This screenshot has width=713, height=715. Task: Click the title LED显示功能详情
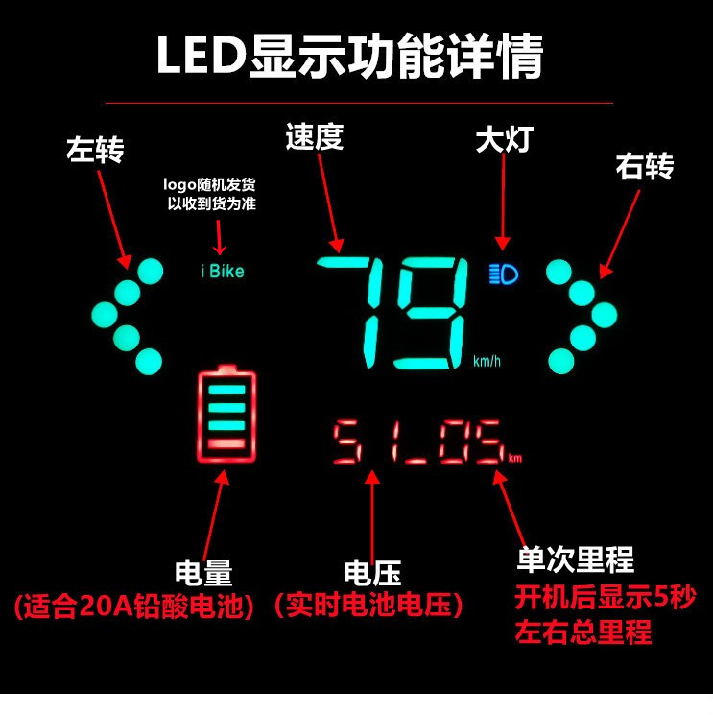tap(350, 57)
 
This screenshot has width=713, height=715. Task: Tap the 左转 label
tap(95, 149)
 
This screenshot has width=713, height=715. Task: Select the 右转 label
tap(644, 166)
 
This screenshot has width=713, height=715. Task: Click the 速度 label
tap(314, 137)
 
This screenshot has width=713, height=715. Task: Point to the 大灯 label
tap(503, 139)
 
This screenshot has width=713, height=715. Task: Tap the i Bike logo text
tap(223, 272)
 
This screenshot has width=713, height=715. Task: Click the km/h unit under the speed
tap(487, 362)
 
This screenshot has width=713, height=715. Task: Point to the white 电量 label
tap(203, 573)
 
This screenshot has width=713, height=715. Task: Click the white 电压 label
tap(371, 573)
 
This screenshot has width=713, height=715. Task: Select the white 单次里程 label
tap(576, 560)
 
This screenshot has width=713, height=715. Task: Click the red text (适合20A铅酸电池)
tap(134, 607)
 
